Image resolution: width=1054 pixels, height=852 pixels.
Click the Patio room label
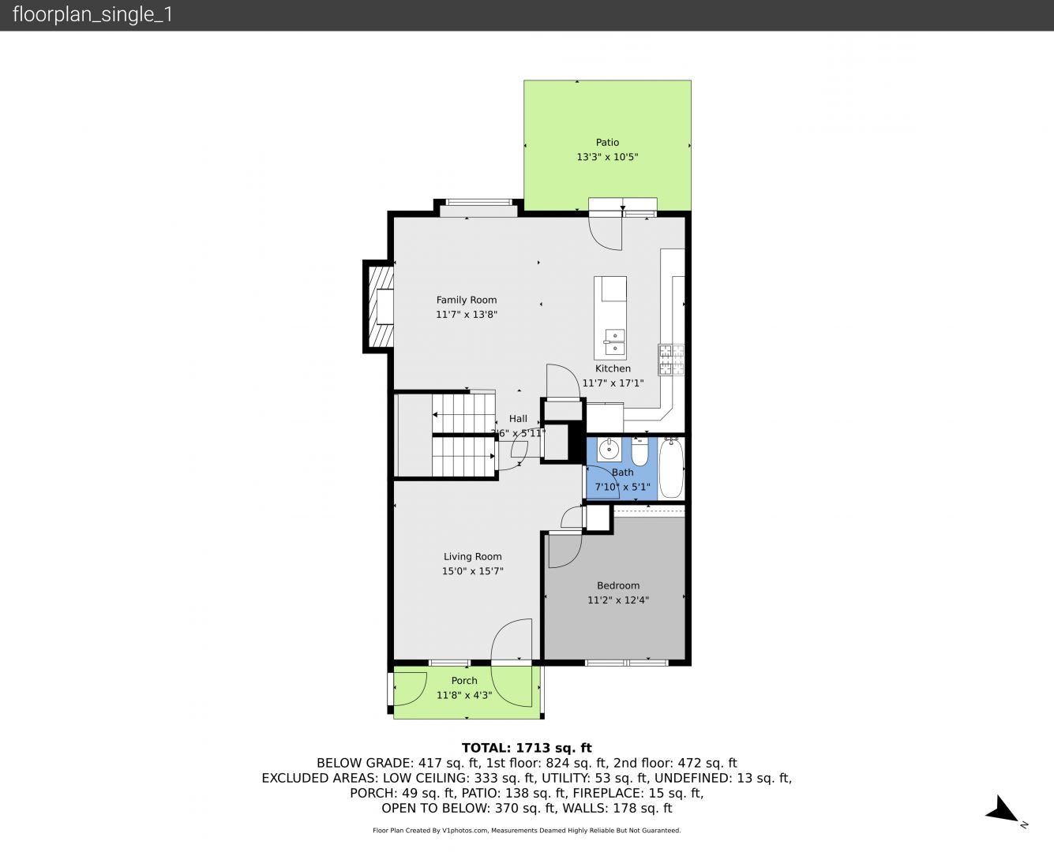click(607, 143)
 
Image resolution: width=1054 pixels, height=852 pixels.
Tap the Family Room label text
click(467, 300)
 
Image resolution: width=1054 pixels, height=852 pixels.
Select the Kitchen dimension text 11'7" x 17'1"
click(613, 383)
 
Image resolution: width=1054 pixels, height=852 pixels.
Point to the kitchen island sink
click(614, 342)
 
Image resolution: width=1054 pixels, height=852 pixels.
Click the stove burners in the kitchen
click(671, 360)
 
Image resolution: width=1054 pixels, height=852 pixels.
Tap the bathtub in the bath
click(671, 469)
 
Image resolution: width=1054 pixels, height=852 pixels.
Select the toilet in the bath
click(640, 452)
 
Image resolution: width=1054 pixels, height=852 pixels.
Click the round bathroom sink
click(609, 450)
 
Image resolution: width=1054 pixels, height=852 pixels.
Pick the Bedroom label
click(618, 585)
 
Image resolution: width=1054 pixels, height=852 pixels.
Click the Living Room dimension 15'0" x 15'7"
click(473, 571)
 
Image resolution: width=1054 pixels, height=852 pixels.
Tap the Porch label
click(464, 680)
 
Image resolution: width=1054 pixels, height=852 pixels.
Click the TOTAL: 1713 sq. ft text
click(527, 748)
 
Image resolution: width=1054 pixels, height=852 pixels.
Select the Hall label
click(518, 418)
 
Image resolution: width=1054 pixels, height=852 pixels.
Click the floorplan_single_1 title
click(92, 14)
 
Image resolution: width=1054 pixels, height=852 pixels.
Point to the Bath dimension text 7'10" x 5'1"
click(622, 487)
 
